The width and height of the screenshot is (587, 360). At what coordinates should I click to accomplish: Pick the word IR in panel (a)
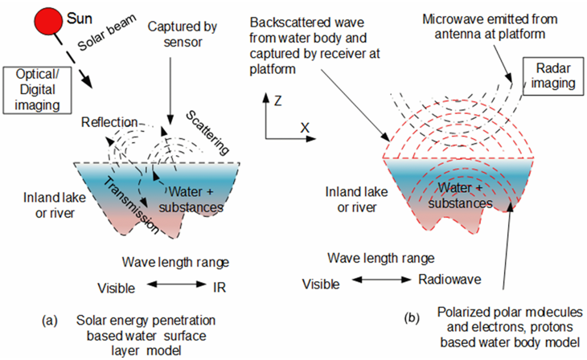click(220, 287)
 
